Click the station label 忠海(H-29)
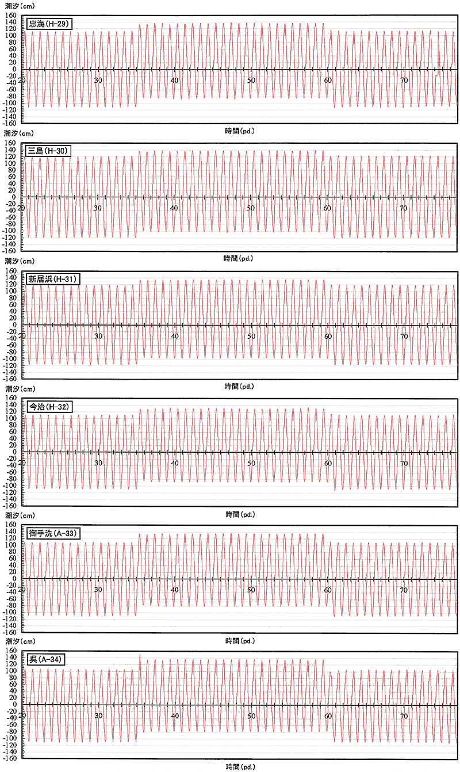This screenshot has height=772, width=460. coord(49,24)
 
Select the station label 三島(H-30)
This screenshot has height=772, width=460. coord(48,151)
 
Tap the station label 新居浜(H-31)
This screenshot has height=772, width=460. coord(53,279)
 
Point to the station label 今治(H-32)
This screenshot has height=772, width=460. coord(50,407)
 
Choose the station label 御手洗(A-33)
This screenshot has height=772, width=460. coord(53,533)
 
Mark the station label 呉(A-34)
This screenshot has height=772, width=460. coord(46,660)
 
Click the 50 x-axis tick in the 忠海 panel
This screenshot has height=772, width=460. coord(251,81)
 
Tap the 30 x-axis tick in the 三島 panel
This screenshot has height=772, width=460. coord(98,208)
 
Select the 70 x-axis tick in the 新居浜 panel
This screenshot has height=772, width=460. coord(404,336)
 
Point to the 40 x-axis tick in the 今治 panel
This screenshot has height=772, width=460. coord(175,463)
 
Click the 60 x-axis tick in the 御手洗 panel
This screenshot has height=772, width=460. coord(328,590)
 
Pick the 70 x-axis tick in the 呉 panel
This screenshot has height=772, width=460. coord(404,716)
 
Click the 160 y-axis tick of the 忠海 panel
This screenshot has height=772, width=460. coord(11,15)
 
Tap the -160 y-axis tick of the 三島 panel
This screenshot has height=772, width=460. coord(9,251)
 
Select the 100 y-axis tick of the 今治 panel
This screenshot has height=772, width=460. coord(11,418)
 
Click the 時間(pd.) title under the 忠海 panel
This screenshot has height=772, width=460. coord(240,131)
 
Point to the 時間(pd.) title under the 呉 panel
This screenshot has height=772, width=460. coord(240,767)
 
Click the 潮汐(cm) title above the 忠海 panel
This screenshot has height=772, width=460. coord(20,6)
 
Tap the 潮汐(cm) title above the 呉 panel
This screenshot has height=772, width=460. coord(20,641)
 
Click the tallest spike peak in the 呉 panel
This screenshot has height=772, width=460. coord(140,655)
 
